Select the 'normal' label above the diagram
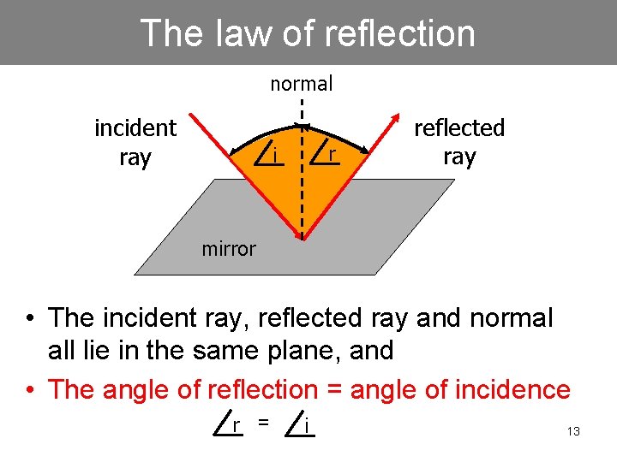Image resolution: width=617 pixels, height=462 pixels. point(302,84)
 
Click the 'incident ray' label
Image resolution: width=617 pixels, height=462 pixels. point(135,143)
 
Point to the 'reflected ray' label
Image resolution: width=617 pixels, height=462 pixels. point(459,142)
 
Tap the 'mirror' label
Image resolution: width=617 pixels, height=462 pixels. point(229,249)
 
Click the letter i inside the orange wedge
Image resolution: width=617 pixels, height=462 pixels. point(274,155)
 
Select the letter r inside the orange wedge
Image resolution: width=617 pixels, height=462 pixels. point(332,155)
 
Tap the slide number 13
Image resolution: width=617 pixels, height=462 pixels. point(573,431)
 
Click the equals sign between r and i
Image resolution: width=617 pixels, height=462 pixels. point(265,421)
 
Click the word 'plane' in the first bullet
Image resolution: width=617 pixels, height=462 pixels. point(271,350)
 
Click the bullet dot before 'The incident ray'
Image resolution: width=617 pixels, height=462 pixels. point(29,319)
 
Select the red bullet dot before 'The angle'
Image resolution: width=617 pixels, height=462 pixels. point(29,391)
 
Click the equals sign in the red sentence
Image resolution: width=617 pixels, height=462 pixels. point(330,391)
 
